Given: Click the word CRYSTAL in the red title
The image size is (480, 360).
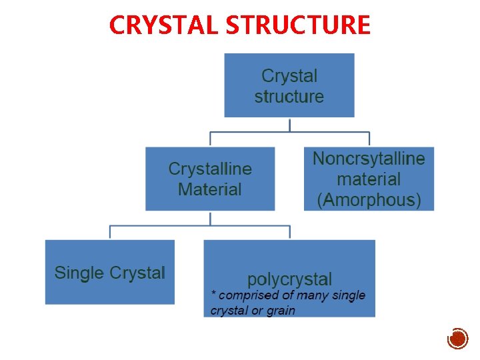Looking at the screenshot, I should pyautogui.click(x=165, y=25).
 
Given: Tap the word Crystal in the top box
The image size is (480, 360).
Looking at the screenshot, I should pyautogui.click(x=289, y=76).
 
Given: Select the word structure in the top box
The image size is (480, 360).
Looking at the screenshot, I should pyautogui.click(x=289, y=96).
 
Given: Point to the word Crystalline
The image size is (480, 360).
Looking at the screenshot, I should pyautogui.click(x=210, y=169).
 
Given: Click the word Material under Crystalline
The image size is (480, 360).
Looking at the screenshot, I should pyautogui.click(x=210, y=189).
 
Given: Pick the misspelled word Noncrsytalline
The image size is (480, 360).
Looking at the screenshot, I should pyautogui.click(x=369, y=159).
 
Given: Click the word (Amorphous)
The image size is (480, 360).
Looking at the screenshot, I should pyautogui.click(x=369, y=200).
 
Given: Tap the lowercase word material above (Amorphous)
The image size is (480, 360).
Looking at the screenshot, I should pyautogui.click(x=369, y=179).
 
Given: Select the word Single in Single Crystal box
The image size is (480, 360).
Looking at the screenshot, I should pyautogui.click(x=79, y=273).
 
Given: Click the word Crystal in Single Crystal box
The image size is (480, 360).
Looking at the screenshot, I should pyautogui.click(x=137, y=273).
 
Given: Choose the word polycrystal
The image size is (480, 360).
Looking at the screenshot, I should pyautogui.click(x=289, y=279).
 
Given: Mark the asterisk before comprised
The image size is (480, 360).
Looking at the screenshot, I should pyautogui.click(x=213, y=294).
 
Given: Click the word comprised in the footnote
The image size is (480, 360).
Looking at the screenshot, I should pyautogui.click(x=249, y=295).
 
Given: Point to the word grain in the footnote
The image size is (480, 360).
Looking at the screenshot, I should pyautogui.click(x=280, y=311).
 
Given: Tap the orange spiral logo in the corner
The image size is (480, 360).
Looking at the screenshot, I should pyautogui.click(x=457, y=339).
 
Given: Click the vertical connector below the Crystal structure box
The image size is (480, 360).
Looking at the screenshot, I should pyautogui.click(x=289, y=125).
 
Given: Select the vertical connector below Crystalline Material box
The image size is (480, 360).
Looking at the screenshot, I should pyautogui.click(x=210, y=218).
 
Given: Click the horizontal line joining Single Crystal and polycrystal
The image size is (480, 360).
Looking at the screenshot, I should pyautogui.click(x=200, y=227).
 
